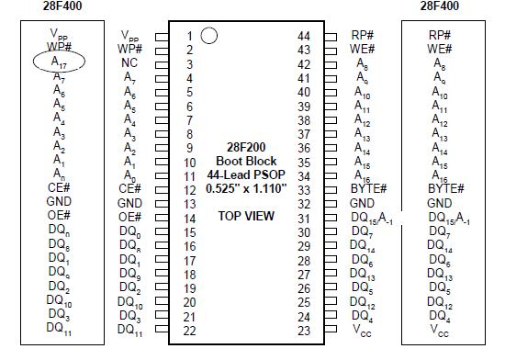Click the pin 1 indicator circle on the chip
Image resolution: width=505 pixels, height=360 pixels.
click(x=208, y=36)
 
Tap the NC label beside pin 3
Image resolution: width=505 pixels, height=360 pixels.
click(x=129, y=64)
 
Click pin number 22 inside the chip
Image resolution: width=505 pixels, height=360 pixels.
click(x=189, y=331)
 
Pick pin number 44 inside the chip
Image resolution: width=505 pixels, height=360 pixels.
click(x=304, y=36)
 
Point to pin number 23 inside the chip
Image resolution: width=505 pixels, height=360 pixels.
click(x=304, y=331)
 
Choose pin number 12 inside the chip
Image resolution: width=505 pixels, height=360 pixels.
click(x=189, y=189)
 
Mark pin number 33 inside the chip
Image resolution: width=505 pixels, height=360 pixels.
click(x=304, y=189)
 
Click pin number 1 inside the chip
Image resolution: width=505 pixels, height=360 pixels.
click(x=189, y=37)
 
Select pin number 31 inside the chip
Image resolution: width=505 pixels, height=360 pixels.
click(x=304, y=218)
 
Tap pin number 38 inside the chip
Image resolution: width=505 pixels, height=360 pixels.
click(x=304, y=119)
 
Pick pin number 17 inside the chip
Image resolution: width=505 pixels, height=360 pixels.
click(x=189, y=260)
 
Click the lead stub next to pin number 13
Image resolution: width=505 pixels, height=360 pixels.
click(x=162, y=204)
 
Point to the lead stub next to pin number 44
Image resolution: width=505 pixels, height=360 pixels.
click(x=331, y=37)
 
